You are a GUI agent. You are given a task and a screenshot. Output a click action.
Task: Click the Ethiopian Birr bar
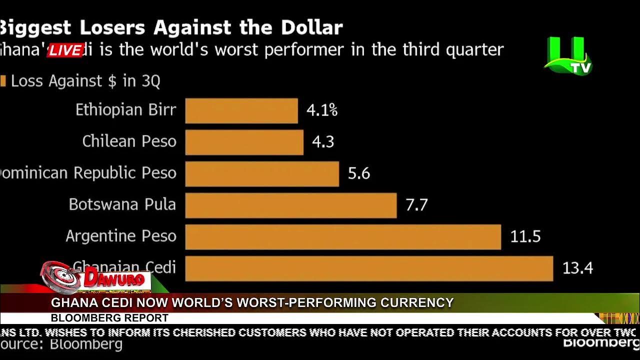point(241,110)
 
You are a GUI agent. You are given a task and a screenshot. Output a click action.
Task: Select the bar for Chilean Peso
point(244,142)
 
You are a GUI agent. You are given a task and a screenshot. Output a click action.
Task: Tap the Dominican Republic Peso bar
point(262,173)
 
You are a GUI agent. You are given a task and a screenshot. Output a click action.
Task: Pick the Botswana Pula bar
point(290,205)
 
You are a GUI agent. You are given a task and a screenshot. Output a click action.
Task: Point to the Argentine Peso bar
point(343,236)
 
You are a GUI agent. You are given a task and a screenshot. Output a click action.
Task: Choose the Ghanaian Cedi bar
point(369,268)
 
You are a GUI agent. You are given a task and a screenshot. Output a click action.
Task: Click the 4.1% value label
point(322,110)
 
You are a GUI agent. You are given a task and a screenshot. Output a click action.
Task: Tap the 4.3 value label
point(323,142)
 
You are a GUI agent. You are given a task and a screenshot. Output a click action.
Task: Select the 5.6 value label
point(359,173)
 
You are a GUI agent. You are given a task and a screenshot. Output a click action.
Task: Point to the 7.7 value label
point(416,205)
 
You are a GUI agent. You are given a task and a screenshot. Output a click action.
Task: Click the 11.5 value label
point(525,236)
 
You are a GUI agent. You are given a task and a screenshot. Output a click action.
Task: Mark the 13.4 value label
point(577,268)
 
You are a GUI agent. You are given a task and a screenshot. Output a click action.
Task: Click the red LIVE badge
point(65,50)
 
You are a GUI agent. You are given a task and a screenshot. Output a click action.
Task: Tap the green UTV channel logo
point(568,56)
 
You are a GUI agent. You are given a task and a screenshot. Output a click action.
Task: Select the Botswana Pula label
point(122,205)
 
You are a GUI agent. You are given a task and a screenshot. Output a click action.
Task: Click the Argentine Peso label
point(121,236)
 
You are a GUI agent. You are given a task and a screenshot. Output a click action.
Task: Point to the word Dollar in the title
point(311,27)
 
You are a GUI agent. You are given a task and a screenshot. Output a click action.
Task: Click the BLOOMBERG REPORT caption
point(109,318)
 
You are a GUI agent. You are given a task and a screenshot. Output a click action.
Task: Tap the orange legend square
point(3,81)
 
